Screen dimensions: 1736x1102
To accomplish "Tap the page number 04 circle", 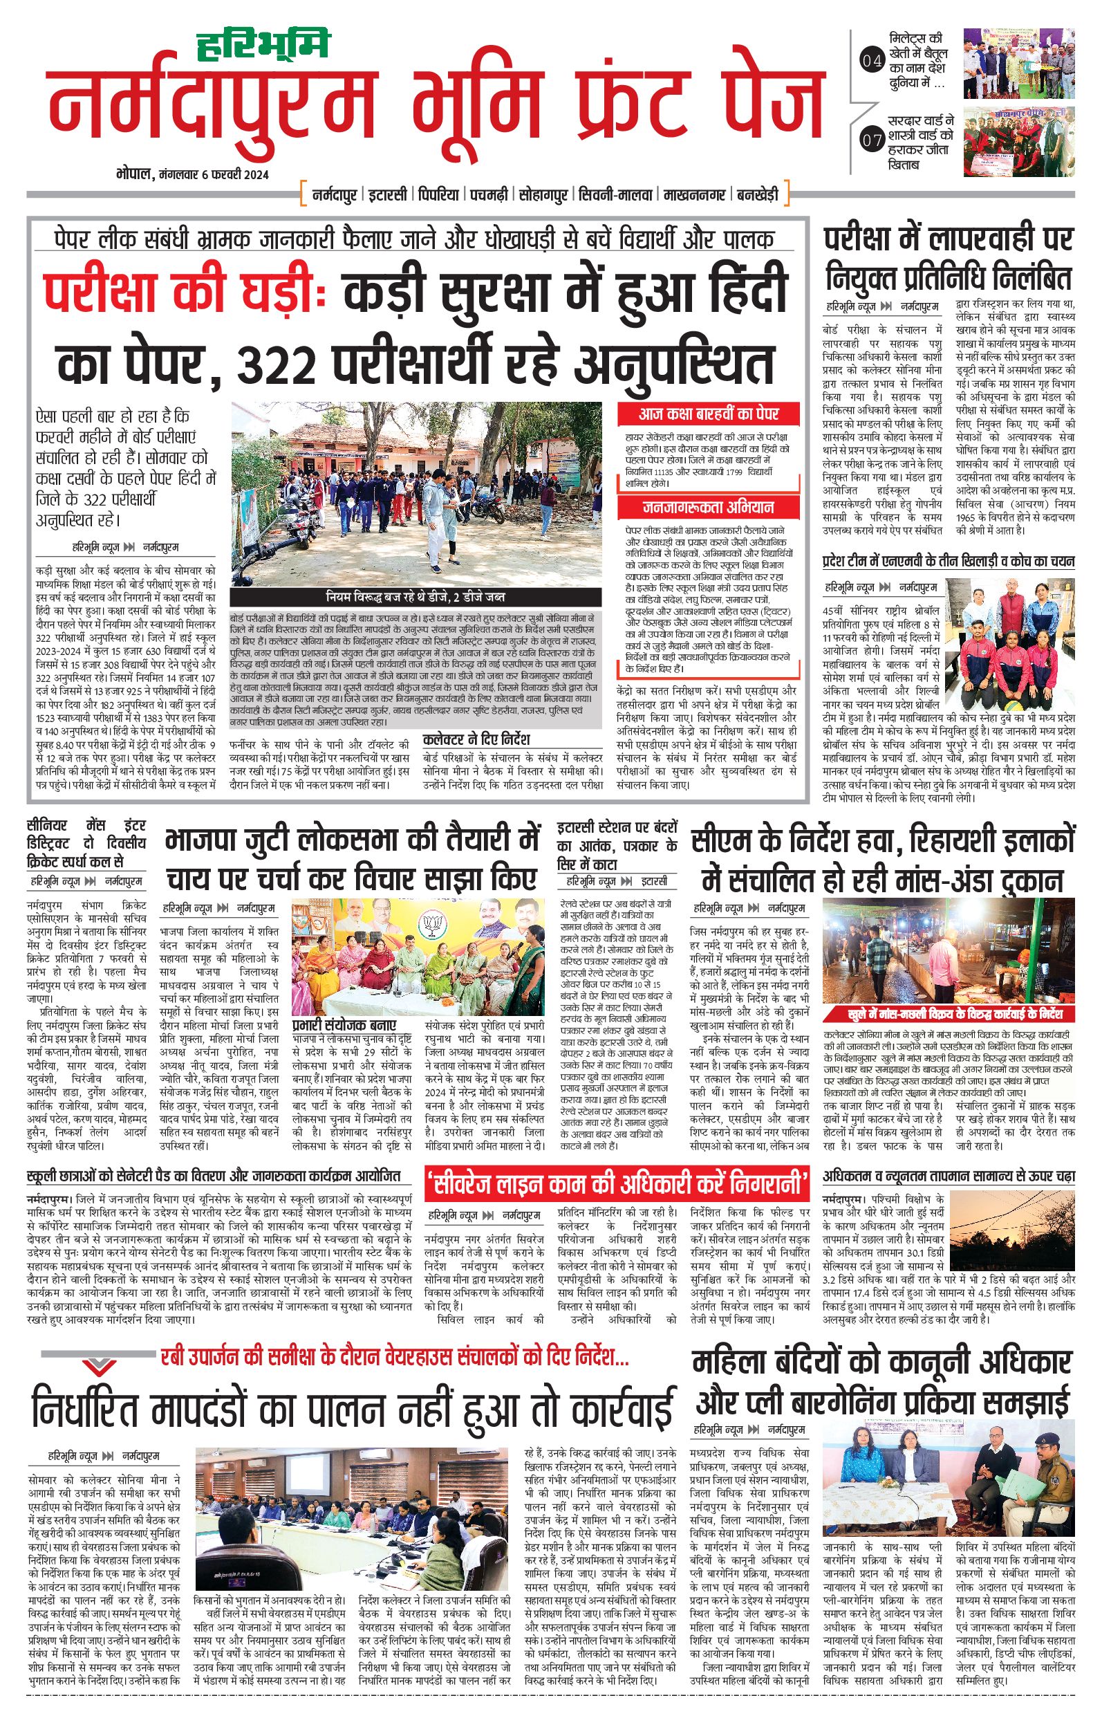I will [872, 62].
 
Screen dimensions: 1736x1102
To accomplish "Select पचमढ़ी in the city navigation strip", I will [489, 194].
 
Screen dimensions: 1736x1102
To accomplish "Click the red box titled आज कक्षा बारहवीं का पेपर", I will [709, 414].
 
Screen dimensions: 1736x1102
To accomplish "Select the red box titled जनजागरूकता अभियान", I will [709, 508].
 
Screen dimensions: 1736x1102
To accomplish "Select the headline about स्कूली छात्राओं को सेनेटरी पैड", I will [214, 1176].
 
